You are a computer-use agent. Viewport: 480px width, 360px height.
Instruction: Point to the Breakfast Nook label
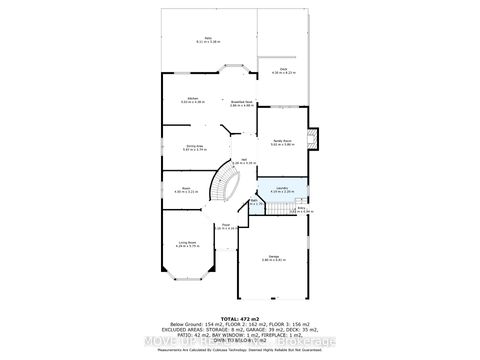click(239, 103)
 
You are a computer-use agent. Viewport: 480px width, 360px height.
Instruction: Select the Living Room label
click(186, 242)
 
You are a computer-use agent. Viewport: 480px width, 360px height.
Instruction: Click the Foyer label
click(225, 226)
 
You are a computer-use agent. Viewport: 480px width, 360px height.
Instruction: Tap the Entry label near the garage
click(300, 209)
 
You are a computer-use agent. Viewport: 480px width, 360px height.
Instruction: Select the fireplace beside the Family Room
click(312, 139)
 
